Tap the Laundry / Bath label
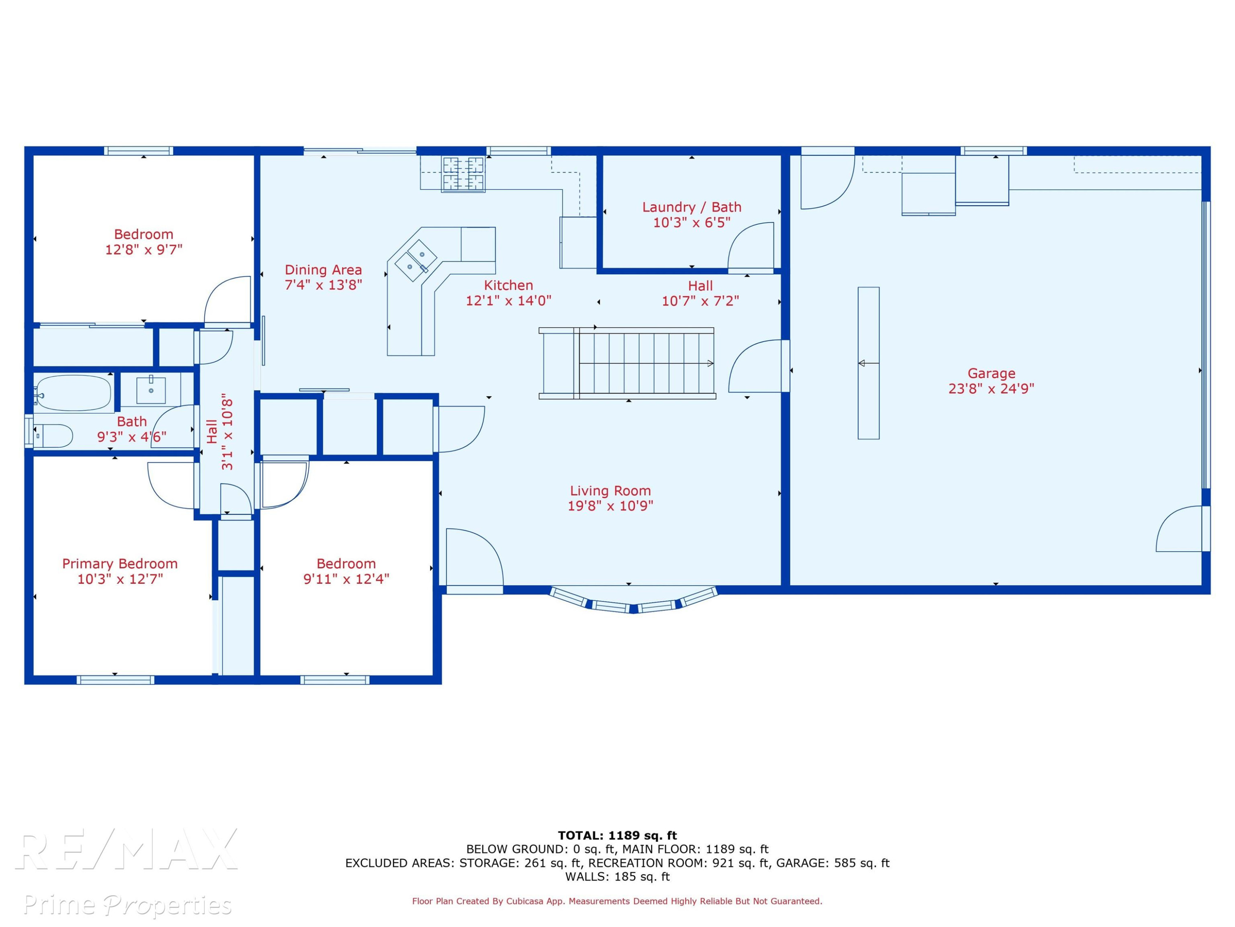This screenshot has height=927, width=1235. click(x=692, y=207)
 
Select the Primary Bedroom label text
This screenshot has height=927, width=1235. click(x=120, y=564)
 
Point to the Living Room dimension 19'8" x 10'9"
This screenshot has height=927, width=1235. click(x=610, y=506)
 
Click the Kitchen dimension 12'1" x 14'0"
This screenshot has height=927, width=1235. click(x=509, y=301)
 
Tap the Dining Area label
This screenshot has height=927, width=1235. click(x=323, y=270)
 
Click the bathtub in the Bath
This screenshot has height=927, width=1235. click(x=73, y=393)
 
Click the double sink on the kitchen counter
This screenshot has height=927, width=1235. click(x=416, y=260)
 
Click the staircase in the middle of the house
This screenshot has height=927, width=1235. click(x=627, y=363)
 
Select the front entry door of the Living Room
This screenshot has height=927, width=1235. click(x=475, y=559)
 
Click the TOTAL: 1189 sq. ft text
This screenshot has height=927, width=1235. click(x=617, y=836)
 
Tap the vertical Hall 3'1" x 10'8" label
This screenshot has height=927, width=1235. click(x=219, y=434)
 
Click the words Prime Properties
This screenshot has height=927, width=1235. click(x=127, y=905)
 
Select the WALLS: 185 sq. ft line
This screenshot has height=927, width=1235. click(x=617, y=877)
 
